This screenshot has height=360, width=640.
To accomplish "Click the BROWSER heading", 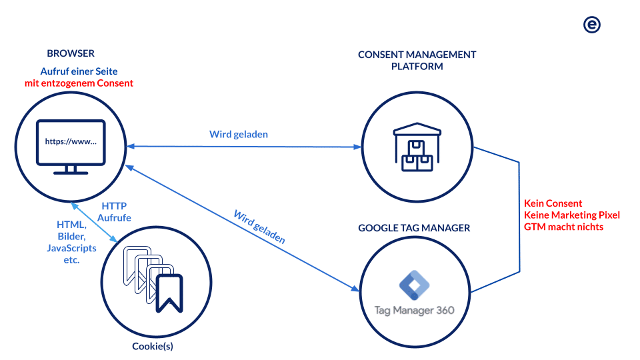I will tap(71, 53).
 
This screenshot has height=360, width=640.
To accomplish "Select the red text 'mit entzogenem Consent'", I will tap(79, 83).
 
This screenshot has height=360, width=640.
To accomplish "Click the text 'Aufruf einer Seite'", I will tap(79, 71).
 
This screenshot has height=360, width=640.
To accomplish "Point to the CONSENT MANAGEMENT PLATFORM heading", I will tap(417, 60).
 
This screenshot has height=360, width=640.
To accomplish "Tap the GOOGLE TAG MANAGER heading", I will tap(414, 228).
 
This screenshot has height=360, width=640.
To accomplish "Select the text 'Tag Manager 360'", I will tap(415, 310).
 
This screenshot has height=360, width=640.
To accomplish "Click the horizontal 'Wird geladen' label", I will tap(239, 135).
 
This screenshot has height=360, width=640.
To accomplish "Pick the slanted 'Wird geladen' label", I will tap(259, 227).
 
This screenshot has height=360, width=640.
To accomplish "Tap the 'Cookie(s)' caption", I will tap(153, 346).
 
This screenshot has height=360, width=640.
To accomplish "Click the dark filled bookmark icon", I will tap(169, 292).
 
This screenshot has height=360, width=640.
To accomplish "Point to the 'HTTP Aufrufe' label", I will tap(114, 212).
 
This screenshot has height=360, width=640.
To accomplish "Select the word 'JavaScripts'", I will tap(71, 248).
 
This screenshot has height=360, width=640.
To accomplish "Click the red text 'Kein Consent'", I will tap(553, 203).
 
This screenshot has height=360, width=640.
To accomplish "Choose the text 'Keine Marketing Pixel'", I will tap(572, 215).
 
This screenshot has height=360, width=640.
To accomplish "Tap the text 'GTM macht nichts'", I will tap(563, 227).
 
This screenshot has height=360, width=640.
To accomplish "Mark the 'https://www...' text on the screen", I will tap(71, 141).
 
